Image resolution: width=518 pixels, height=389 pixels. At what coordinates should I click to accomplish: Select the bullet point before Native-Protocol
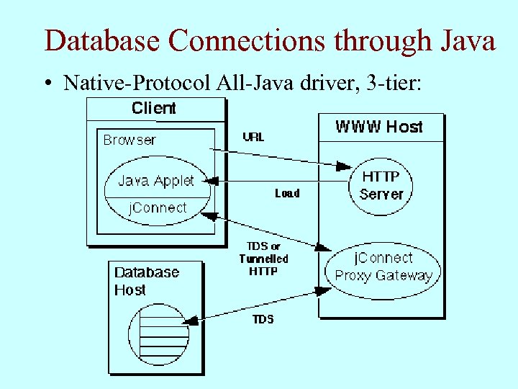pos(47,84)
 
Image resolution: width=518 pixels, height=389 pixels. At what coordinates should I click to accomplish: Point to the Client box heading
pos(154,109)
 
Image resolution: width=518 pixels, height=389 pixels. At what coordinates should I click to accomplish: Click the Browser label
pos(129,140)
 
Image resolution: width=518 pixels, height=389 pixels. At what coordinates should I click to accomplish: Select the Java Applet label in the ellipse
pos(156,181)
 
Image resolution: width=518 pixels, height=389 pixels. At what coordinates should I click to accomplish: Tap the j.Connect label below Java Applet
pos(157,208)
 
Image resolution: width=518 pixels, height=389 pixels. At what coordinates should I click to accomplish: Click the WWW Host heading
pos(379,127)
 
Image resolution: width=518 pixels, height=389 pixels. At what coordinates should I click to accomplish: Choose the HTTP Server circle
pos(381,185)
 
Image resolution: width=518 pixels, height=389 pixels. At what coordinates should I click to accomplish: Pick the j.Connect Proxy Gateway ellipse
pos(383,267)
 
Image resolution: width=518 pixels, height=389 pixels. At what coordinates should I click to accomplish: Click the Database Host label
pos(147,281)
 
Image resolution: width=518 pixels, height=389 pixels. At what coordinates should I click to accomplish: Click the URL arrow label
pos(253,137)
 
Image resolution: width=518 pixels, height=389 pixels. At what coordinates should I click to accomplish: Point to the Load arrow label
pos(287,193)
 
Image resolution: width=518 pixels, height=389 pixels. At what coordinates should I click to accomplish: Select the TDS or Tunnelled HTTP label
pos(263,259)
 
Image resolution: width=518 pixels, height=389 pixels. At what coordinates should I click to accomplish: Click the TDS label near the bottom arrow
pos(263,319)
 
